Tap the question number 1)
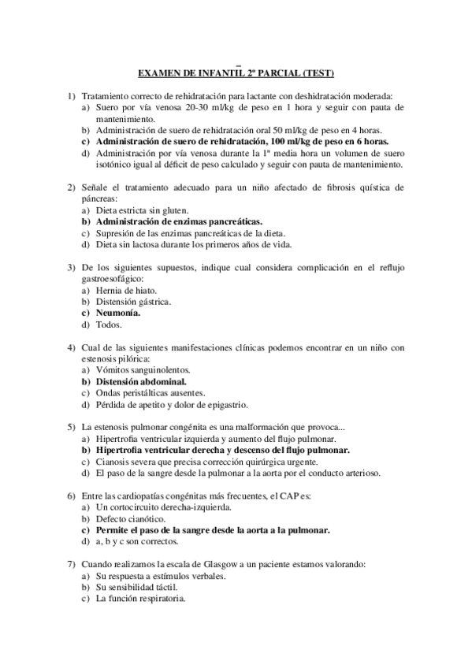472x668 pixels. [x=72, y=95]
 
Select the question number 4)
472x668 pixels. [x=72, y=347]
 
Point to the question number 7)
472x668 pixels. [x=72, y=564]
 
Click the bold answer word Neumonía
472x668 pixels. [x=118, y=313]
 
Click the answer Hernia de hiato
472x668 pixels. [x=127, y=290]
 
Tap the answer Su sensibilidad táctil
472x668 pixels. [x=136, y=587]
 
